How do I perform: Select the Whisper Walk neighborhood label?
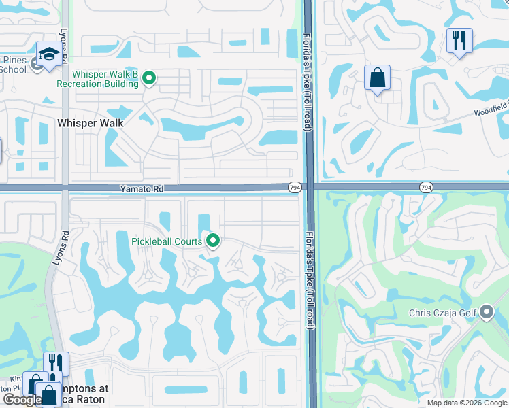[91, 123]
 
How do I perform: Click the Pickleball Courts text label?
[167, 241]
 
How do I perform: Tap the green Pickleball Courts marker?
[213, 241]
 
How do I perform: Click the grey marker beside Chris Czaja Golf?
[487, 313]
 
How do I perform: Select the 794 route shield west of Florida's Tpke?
[295, 188]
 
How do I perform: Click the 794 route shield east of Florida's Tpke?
[426, 187]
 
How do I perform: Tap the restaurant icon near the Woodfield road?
[460, 41]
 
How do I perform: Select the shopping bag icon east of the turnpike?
[377, 78]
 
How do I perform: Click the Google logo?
[22, 401]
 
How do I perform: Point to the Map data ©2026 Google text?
[466, 403]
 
